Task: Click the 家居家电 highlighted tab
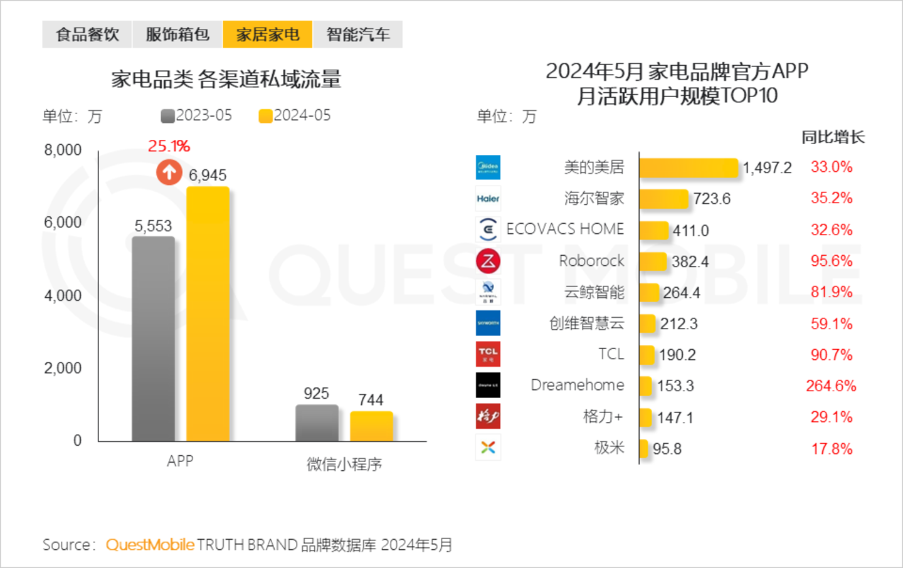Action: (x=267, y=34)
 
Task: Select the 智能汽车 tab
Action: (x=357, y=34)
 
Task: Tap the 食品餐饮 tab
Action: (x=87, y=34)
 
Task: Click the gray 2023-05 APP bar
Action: (x=153, y=339)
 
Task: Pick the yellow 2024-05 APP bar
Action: (x=208, y=313)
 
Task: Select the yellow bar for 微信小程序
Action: (x=371, y=426)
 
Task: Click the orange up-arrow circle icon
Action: (x=169, y=172)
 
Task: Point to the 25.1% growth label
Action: (x=169, y=146)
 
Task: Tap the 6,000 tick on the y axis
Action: (x=63, y=223)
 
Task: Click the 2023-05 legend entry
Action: (x=196, y=116)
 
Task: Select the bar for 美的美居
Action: (x=689, y=168)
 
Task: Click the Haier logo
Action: (x=488, y=199)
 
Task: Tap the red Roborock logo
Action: (x=488, y=261)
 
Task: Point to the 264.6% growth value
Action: (x=831, y=386)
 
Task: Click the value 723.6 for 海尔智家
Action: (x=712, y=199)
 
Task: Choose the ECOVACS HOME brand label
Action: (x=565, y=229)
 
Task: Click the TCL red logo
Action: (x=488, y=354)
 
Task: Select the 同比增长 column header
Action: (x=833, y=137)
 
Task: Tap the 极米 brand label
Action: (x=609, y=448)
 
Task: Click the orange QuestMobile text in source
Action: (x=150, y=545)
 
